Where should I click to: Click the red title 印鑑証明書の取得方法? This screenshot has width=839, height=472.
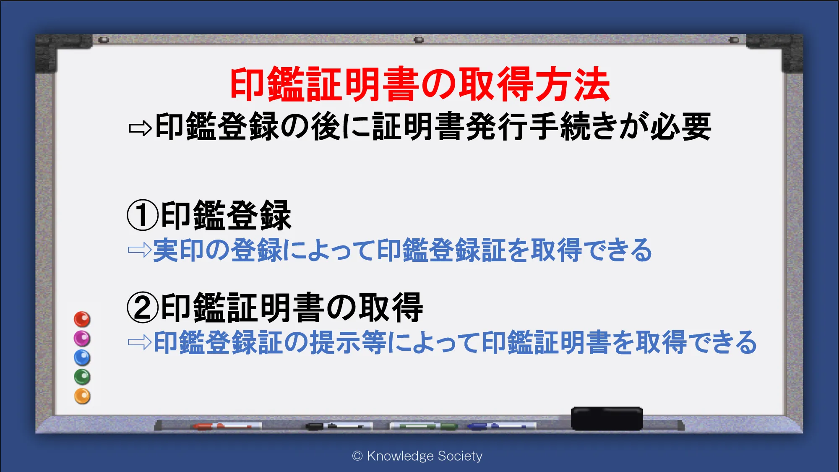(x=419, y=84)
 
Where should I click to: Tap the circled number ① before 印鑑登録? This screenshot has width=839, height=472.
(x=143, y=215)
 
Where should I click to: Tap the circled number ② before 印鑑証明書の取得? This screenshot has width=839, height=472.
(x=143, y=308)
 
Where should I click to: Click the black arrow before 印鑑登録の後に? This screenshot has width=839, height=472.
(x=140, y=128)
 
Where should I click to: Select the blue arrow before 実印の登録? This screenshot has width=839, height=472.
(x=139, y=250)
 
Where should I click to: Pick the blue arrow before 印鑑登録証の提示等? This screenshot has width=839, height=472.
(x=139, y=342)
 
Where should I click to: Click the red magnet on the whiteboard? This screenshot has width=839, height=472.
(x=82, y=319)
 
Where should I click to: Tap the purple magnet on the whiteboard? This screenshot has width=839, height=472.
(x=82, y=339)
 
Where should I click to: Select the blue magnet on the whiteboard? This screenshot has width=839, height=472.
(x=82, y=358)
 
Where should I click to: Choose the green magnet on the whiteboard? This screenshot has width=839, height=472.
(x=82, y=377)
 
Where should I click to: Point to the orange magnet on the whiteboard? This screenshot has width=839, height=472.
(x=82, y=396)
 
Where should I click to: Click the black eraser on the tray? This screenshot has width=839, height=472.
(x=607, y=418)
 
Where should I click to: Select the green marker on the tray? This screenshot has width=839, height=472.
(x=424, y=426)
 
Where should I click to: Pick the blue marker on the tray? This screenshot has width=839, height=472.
(x=502, y=426)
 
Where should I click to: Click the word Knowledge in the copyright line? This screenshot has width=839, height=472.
(x=400, y=456)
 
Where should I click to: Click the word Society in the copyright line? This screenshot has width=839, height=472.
(x=460, y=456)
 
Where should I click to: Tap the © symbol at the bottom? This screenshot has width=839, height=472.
(x=357, y=456)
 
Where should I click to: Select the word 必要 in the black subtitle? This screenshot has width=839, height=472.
(x=681, y=127)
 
